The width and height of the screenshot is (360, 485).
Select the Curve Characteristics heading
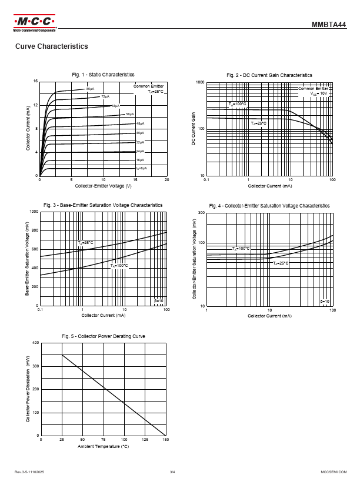pos(51,46)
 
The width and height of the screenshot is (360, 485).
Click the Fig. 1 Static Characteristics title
pos(103,75)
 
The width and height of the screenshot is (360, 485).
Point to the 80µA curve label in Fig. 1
pos(90,89)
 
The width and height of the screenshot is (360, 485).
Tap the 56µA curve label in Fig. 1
pos(129,114)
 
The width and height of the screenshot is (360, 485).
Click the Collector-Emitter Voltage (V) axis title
pos(103,186)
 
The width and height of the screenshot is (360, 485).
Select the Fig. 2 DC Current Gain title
pos(269,75)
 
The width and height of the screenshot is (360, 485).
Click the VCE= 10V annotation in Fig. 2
pos(319,93)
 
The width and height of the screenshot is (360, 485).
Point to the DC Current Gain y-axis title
pos(193,129)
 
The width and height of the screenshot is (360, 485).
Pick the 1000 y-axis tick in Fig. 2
pos(200,82)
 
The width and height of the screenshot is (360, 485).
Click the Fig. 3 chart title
pos(103,205)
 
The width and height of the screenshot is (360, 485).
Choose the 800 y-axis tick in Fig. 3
pos(34,230)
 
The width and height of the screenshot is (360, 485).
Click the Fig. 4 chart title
pos(269,206)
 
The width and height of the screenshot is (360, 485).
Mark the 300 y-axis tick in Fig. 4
pos(201,212)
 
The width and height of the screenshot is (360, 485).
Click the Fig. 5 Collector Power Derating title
pos(103,336)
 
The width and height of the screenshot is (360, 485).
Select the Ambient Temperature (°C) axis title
pos(103,447)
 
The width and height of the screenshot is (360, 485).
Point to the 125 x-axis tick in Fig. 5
pos(145,439)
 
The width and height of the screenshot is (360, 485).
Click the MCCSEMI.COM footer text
pos(332,472)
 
